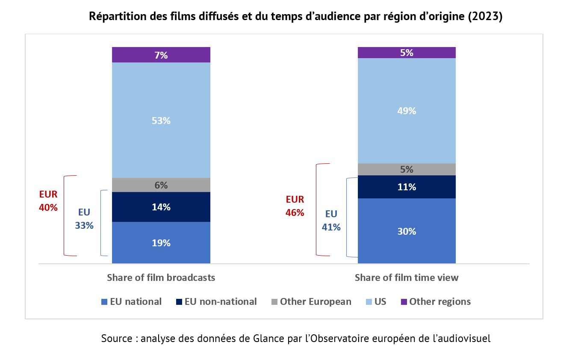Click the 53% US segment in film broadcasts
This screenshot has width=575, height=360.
(161, 121)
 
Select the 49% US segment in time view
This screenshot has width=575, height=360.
(406, 111)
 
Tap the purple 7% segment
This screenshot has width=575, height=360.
(161, 55)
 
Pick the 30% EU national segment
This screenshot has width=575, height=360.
(406, 231)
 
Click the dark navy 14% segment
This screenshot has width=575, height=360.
(161, 207)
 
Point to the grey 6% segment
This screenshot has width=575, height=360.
(161, 185)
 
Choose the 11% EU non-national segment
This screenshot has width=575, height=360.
(406, 187)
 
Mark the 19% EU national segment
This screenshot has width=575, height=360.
(161, 243)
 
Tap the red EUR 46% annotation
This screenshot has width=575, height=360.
(295, 206)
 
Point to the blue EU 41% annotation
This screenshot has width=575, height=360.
(331, 221)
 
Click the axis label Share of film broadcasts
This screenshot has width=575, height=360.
(161, 277)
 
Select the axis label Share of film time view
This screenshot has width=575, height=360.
(406, 277)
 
